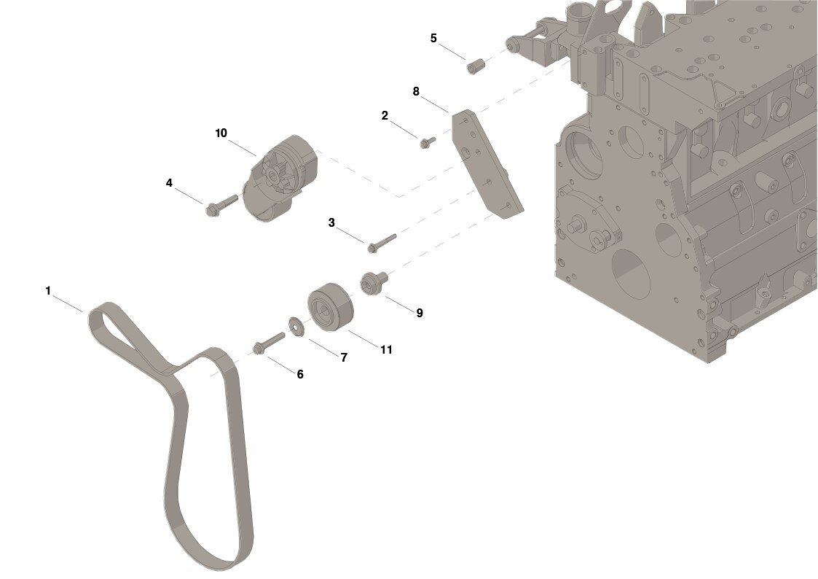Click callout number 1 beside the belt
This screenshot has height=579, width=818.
point(48,291)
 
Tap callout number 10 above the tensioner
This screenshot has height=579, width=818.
point(221,133)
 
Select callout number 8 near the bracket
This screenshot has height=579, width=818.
point(416,91)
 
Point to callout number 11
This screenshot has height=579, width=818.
point(386,349)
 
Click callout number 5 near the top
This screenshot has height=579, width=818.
point(433,38)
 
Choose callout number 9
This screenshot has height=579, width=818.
point(420,313)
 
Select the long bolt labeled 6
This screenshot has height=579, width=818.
point(269,343)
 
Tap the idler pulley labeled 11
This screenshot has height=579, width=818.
point(331,308)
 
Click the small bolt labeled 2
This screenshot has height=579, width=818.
point(428,142)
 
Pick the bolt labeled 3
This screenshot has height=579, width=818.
point(382,243)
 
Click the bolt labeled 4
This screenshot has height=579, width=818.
point(221,205)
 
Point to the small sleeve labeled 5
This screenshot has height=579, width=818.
point(476,67)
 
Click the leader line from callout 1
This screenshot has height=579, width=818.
point(68,304)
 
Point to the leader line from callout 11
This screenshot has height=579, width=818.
point(363,338)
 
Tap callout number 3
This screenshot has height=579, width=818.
point(331,223)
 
